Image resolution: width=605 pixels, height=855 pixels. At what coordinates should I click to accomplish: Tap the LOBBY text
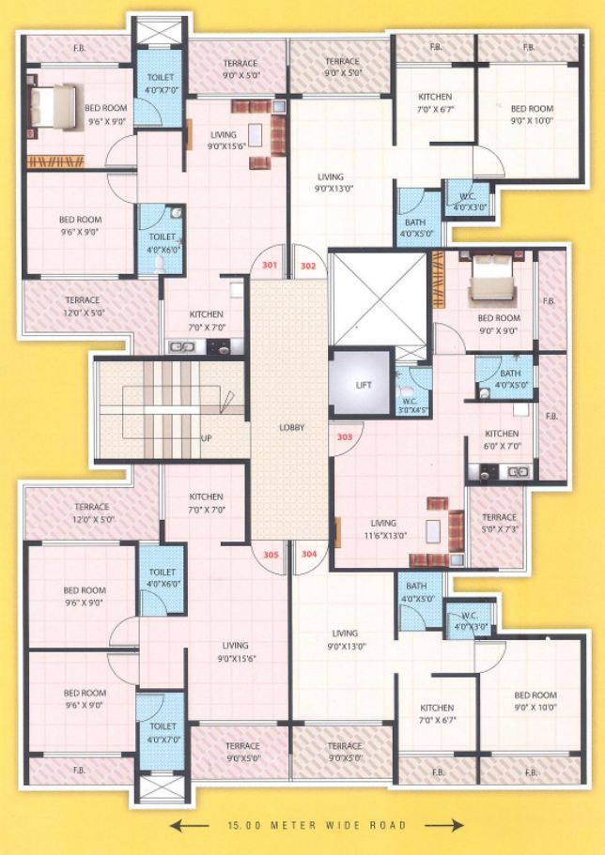[290, 427]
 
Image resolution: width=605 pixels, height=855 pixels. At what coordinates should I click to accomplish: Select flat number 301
[270, 266]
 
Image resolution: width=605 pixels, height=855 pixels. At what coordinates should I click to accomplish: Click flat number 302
[308, 266]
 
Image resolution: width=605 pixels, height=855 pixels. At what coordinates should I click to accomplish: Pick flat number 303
[344, 436]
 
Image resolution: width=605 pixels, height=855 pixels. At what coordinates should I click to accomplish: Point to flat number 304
[309, 554]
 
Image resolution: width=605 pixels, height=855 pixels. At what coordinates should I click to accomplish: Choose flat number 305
[271, 554]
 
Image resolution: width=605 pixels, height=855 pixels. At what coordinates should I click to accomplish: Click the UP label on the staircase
[205, 438]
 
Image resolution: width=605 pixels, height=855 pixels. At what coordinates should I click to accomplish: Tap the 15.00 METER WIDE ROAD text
[317, 826]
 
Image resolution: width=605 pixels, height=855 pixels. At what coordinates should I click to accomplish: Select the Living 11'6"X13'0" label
[383, 529]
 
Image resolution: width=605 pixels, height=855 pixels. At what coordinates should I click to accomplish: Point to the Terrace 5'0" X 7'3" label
[499, 523]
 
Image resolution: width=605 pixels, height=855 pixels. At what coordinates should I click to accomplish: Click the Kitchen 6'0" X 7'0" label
[502, 439]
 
